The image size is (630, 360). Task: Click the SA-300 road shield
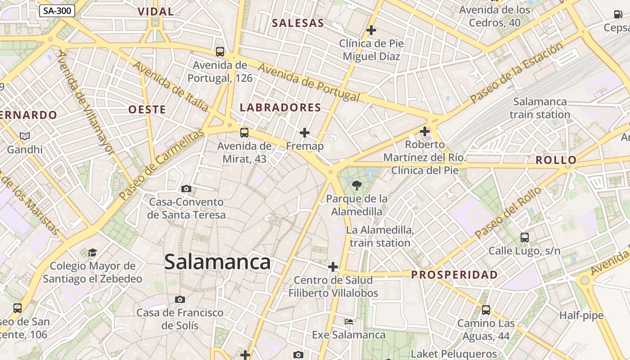(x=57, y=11)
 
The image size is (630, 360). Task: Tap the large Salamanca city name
(x=217, y=262)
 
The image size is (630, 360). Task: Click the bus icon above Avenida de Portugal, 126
(x=220, y=52)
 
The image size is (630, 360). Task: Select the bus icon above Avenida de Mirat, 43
(x=244, y=133)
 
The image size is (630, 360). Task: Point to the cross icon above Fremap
(x=305, y=133)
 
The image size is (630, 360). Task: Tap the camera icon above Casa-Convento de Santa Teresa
(x=186, y=189)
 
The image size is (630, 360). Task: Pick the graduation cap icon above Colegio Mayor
(x=92, y=252)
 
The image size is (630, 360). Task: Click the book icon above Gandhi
(x=25, y=136)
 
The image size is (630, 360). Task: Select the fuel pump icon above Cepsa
(x=618, y=14)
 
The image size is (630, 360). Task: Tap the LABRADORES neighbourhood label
(x=280, y=108)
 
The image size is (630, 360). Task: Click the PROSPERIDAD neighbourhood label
(x=454, y=274)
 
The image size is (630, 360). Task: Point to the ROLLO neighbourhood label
(x=556, y=160)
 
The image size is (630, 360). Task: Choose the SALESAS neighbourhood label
(x=298, y=23)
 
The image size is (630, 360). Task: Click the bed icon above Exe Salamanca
(x=349, y=322)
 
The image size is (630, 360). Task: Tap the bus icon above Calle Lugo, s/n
(x=525, y=237)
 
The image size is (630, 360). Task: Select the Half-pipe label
(x=581, y=315)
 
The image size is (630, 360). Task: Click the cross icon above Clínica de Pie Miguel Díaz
(x=371, y=30)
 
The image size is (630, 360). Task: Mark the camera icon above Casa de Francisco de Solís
(x=180, y=299)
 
